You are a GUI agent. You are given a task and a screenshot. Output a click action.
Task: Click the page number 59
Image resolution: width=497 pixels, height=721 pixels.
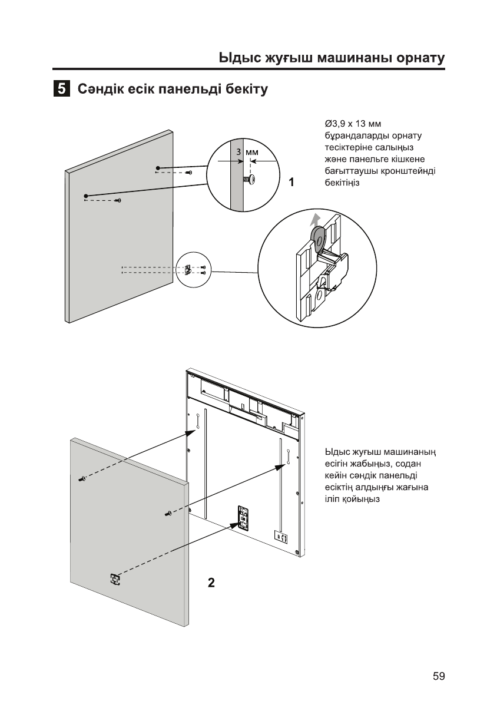point(438,676)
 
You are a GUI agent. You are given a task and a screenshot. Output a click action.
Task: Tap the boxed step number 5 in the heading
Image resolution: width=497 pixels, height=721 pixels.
point(61,90)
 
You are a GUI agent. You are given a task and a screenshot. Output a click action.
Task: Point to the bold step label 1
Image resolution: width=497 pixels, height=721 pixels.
point(291,183)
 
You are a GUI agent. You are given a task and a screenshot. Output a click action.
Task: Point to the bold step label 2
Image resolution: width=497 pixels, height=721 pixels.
point(211,583)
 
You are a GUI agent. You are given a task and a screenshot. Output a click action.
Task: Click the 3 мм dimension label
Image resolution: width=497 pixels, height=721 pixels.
point(247,152)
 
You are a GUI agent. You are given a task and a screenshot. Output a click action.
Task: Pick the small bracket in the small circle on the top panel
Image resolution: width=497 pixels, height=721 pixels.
point(188,270)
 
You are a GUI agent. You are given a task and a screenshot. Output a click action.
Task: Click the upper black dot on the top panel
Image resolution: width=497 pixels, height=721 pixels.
point(158,168)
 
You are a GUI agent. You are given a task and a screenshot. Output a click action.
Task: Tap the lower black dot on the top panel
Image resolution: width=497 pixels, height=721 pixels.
point(86,195)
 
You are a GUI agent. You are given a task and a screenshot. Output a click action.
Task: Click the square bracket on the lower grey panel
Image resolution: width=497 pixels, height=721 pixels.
point(115,579)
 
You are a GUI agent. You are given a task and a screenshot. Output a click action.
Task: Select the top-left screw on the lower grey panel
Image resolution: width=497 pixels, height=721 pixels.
point(82,478)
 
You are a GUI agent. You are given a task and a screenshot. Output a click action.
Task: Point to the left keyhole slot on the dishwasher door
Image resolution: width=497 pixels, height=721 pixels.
point(198,422)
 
